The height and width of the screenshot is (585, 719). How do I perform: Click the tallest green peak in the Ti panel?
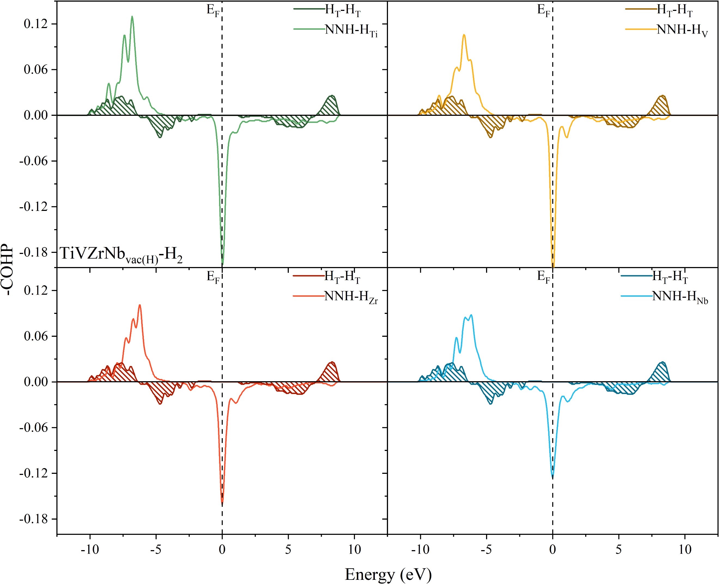click(x=132, y=17)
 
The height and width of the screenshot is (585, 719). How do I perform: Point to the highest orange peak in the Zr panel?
click(x=139, y=305)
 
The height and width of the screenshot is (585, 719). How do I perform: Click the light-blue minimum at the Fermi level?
click(x=553, y=477)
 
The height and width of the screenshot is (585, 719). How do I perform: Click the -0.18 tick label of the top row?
click(x=33, y=252)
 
